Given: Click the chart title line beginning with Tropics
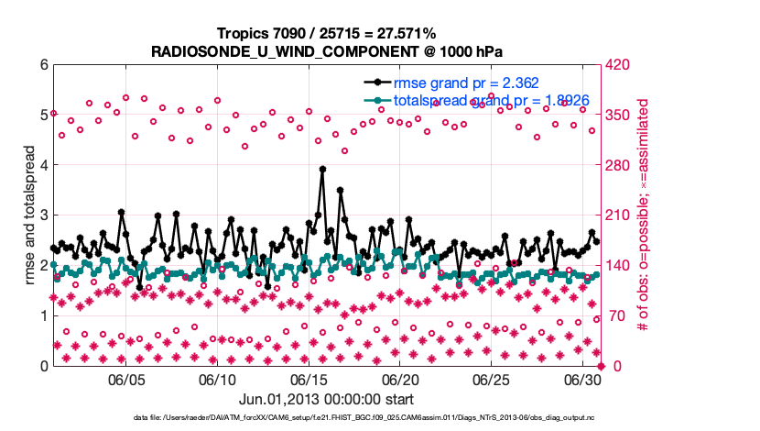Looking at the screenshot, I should (x=326, y=33).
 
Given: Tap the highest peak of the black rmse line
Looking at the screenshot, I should (x=322, y=169).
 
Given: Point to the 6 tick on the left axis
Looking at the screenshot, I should (x=43, y=65).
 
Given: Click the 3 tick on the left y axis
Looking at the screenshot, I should (x=43, y=215).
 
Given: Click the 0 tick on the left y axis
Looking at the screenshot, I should (x=43, y=366).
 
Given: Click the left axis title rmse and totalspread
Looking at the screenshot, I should (x=27, y=215).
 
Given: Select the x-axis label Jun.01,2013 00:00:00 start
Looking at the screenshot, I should (x=326, y=399).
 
